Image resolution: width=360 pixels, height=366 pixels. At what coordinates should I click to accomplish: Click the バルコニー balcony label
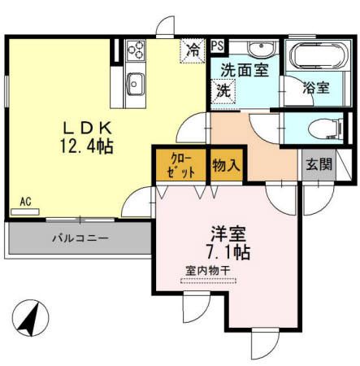click(x=80, y=239)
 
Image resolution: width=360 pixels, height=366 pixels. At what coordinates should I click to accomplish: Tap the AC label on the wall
click(x=25, y=200)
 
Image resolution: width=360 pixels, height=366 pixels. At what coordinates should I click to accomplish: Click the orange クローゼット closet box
click(x=180, y=165)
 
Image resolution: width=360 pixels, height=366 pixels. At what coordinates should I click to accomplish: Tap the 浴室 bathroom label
click(x=317, y=88)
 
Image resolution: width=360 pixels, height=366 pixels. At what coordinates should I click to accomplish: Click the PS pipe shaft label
click(x=218, y=46)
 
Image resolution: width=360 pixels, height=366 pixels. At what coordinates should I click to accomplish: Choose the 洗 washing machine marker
click(x=223, y=91)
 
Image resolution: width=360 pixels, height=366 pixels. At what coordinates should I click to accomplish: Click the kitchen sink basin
click(x=135, y=82)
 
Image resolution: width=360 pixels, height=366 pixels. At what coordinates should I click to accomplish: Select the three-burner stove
click(x=135, y=52)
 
